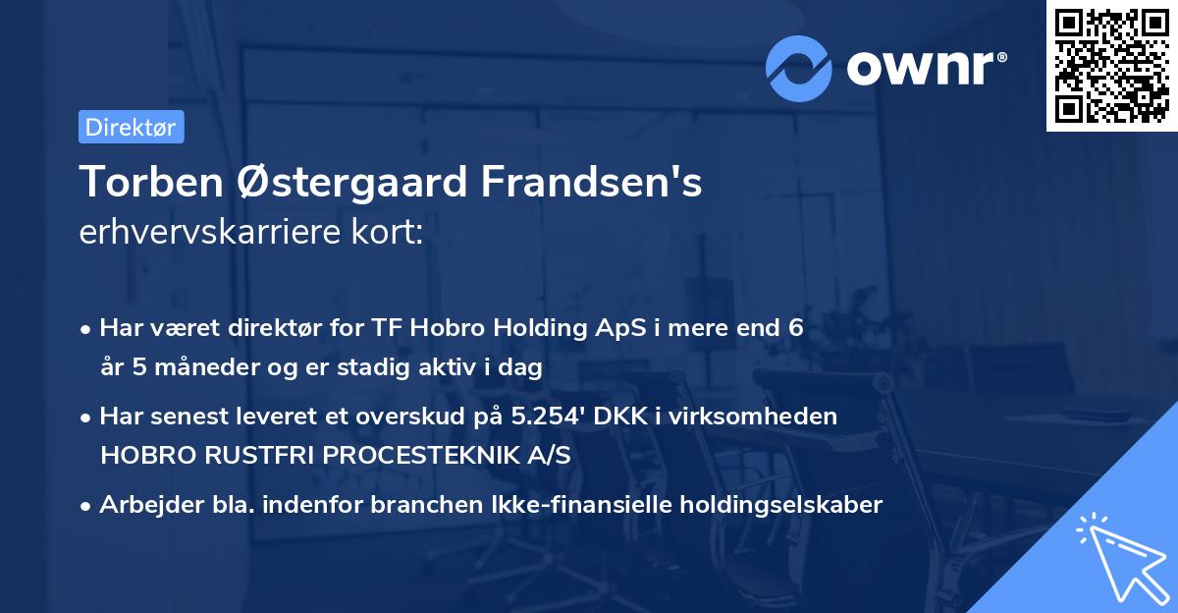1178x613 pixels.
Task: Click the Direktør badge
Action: coord(131,127)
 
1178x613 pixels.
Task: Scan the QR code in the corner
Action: coord(1111,65)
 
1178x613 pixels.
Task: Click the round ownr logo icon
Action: coord(799,69)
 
